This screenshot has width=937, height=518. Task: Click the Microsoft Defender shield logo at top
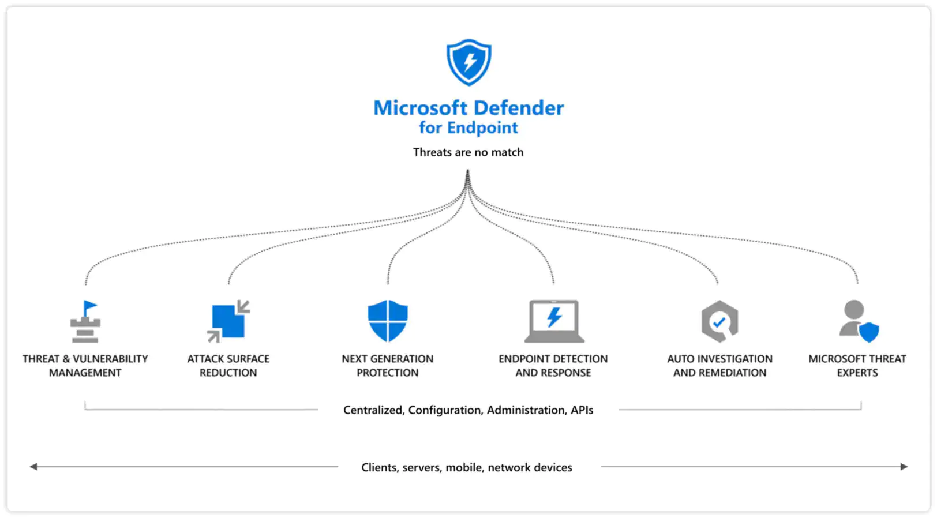[468, 62]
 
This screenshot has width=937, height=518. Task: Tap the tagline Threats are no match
[468, 152]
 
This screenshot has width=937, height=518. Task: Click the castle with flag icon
[85, 321]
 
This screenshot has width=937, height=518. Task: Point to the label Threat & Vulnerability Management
[85, 366]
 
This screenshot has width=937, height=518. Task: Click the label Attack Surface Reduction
[228, 366]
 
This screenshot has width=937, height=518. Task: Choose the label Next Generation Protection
[388, 366]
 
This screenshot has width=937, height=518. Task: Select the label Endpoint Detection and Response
[553, 366]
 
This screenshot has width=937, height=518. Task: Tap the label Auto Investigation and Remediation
[720, 366]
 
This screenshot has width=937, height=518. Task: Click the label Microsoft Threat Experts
[857, 366]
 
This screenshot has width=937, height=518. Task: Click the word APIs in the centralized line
[582, 410]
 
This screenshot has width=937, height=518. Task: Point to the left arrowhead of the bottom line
[33, 467]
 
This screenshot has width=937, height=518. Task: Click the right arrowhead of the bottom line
[904, 467]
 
